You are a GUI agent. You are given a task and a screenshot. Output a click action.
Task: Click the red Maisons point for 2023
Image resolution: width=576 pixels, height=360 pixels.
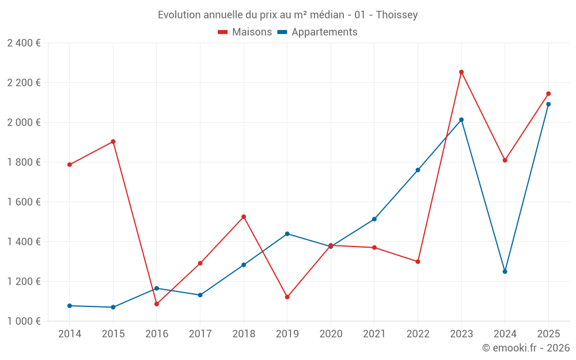[x=461, y=72]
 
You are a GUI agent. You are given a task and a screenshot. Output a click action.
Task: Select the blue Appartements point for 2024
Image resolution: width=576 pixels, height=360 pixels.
[x=505, y=271]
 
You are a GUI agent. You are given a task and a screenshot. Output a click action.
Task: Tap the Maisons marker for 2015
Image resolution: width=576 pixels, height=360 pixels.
[x=113, y=142]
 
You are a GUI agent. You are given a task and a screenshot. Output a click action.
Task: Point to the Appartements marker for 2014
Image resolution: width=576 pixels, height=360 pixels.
[x=70, y=306]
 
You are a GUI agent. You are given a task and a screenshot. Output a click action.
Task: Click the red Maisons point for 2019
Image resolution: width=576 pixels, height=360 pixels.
[x=287, y=297]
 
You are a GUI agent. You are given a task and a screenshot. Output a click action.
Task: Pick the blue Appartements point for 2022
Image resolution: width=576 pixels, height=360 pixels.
[x=418, y=170]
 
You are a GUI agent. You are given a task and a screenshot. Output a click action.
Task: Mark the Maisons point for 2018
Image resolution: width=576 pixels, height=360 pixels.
[x=244, y=217]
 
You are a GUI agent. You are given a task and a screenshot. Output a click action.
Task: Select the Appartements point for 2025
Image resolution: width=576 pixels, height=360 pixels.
[x=548, y=104]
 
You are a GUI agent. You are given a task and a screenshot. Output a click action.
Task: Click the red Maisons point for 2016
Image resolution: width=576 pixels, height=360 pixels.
[x=157, y=304]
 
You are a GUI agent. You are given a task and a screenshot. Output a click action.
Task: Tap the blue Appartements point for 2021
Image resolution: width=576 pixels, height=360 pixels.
[x=374, y=219]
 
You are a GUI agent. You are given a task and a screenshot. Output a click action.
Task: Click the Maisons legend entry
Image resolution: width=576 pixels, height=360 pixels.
[x=245, y=32]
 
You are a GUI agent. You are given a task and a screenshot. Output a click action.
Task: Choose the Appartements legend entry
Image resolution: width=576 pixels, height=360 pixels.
[x=317, y=32]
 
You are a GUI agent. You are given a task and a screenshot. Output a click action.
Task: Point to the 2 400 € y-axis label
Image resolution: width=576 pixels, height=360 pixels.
[x=24, y=43]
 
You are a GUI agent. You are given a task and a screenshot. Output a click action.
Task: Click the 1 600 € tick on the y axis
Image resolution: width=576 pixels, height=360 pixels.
[x=24, y=202]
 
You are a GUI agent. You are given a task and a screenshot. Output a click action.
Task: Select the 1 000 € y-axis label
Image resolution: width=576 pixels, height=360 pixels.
[x=24, y=321]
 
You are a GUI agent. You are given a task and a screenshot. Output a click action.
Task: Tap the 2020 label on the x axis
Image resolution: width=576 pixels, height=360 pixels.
[x=331, y=334]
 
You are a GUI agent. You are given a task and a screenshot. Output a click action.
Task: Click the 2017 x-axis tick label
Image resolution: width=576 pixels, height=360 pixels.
[x=200, y=334]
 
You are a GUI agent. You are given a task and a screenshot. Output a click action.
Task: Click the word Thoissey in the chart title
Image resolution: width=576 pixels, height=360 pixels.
[x=397, y=15]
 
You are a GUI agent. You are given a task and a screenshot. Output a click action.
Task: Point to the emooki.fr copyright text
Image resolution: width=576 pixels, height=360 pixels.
[x=526, y=348]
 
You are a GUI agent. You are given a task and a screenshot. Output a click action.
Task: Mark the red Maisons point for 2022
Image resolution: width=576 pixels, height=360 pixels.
[x=418, y=262]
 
